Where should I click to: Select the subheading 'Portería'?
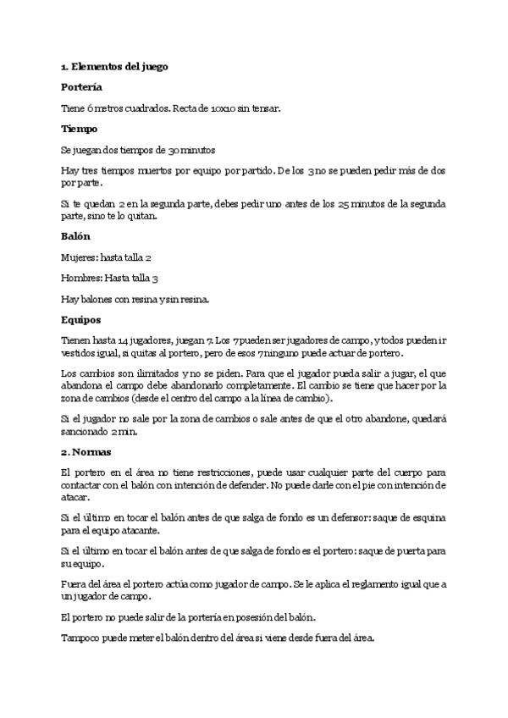[x=82, y=86]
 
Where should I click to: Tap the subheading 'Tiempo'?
[x=80, y=129]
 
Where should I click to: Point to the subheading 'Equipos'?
[x=81, y=319]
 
